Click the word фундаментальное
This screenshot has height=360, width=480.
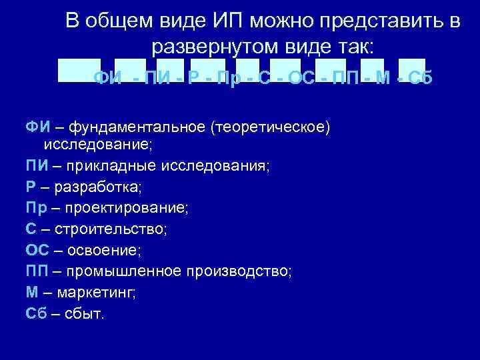[x=134, y=127]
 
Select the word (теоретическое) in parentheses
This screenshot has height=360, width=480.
[x=270, y=127]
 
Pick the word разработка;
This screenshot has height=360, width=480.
[x=99, y=187]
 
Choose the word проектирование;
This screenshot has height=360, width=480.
[x=127, y=208]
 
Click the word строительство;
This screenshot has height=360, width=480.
[x=111, y=229]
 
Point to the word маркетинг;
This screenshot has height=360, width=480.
[x=96, y=292]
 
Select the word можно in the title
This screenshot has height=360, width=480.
[x=284, y=21]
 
